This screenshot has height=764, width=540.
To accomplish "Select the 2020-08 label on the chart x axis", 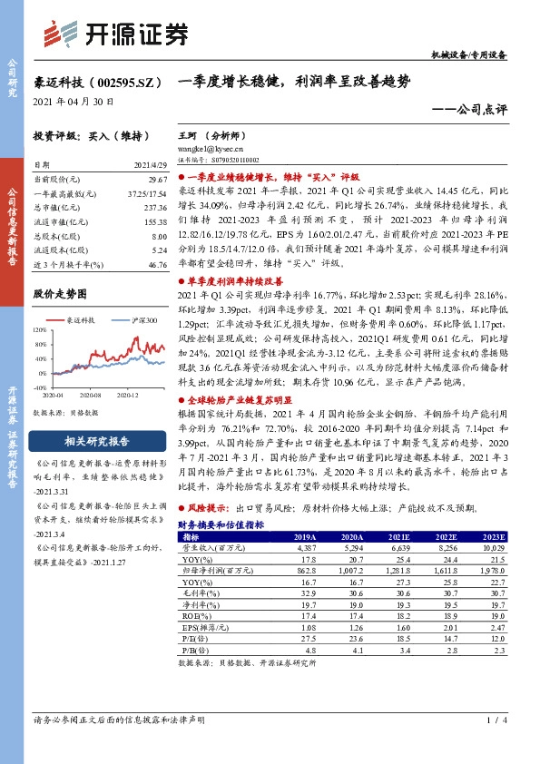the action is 91,396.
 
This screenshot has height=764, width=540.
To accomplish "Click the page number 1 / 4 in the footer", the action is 494,721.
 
